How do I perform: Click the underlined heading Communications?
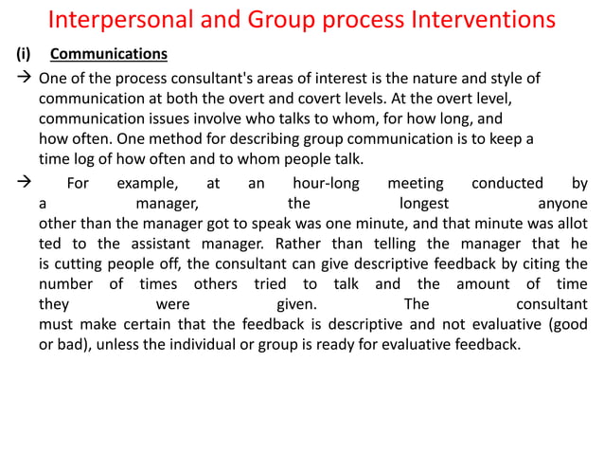pyautogui.click(x=108, y=54)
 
